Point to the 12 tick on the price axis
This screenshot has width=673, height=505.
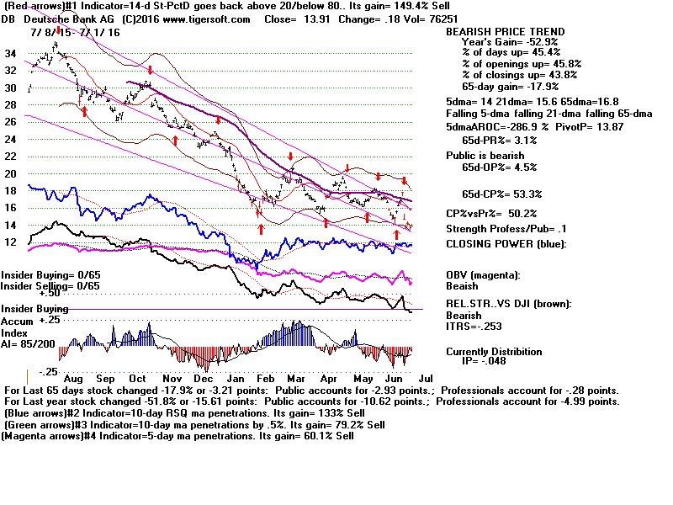click(12, 242)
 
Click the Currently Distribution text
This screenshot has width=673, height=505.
click(494, 352)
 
